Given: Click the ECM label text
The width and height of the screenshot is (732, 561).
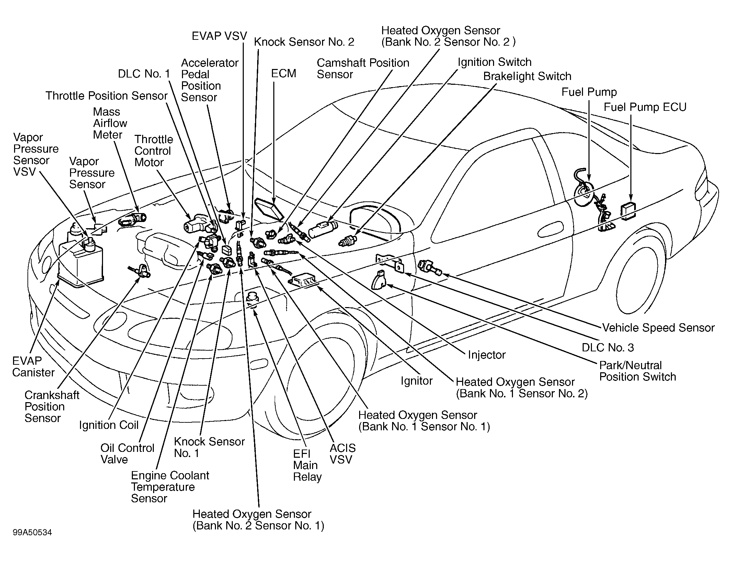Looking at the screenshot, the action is coord(284,73).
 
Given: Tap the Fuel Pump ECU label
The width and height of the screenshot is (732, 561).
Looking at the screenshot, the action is coord(645,107).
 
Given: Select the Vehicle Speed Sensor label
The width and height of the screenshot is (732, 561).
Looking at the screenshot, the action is coord(659,328).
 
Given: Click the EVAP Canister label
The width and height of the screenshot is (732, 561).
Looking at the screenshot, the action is coord(33,366).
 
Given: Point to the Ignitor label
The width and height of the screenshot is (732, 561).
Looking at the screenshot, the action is coord(416,381).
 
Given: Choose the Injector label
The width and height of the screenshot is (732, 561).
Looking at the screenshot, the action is coord(487,355).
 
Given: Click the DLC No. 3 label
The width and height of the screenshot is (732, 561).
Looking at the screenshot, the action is coord(608,348).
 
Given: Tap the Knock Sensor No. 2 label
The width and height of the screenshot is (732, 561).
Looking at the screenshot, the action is coord(304,42).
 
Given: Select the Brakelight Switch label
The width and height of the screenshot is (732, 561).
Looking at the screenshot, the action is coord(527,76).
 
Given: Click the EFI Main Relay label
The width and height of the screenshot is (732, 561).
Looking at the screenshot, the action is coord(307,465).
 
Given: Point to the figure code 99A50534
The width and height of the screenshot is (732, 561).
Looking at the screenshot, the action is coord(33,533).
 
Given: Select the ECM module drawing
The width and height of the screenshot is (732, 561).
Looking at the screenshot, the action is coord(269,208).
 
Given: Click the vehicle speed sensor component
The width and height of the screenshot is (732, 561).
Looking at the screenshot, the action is coord(430,267).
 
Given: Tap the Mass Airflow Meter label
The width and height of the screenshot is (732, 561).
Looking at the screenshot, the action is coord(110,123).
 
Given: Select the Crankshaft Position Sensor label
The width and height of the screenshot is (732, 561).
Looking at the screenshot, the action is coord(52,407).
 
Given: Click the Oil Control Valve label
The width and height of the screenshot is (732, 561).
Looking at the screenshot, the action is coord(127,454).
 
